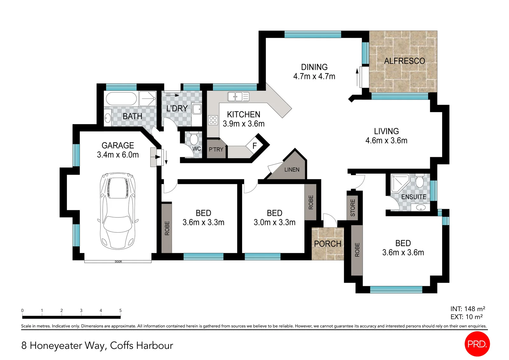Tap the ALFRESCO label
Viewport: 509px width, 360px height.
(x=404, y=61)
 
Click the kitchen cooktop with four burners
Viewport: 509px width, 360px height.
(x=213, y=120)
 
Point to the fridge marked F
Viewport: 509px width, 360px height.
(x=254, y=145)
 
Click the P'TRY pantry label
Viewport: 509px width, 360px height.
(x=216, y=149)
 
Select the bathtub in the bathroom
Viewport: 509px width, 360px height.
(x=121, y=99)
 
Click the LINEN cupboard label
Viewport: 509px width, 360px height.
(x=292, y=170)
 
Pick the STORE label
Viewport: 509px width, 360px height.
(x=353, y=208)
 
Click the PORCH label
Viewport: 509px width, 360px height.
(x=328, y=244)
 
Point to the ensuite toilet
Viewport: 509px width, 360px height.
(x=420, y=181)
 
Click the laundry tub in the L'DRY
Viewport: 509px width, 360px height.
(x=197, y=109)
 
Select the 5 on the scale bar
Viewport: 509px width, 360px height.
(x=121, y=310)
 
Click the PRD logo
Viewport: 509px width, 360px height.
(x=477, y=344)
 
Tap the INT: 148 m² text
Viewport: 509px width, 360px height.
(x=468, y=309)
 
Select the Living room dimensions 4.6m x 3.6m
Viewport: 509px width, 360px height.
(x=386, y=141)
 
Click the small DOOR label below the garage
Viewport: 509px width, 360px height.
(x=118, y=262)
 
